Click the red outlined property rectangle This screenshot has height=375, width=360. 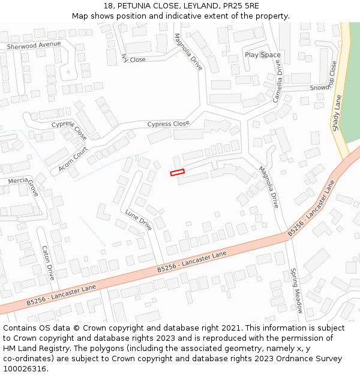[177, 173]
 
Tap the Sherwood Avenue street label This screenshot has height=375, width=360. [34, 46]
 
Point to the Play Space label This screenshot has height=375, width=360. [262, 55]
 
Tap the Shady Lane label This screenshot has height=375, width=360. [336, 114]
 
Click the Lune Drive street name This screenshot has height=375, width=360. [139, 220]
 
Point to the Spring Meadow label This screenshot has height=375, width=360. [296, 290]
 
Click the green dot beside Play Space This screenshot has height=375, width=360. [262, 55]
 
